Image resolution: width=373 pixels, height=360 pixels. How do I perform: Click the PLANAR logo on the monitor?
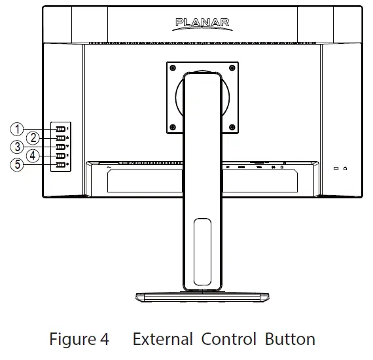(x=202, y=24)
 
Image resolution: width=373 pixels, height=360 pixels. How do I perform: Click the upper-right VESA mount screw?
(x=232, y=67)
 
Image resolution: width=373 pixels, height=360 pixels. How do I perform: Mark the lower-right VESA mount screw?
(x=232, y=126)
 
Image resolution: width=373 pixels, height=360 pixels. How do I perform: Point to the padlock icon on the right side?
(x=344, y=168)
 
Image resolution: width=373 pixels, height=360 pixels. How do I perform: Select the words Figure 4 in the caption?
(x=79, y=340)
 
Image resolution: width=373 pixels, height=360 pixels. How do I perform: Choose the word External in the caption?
(x=162, y=340)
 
